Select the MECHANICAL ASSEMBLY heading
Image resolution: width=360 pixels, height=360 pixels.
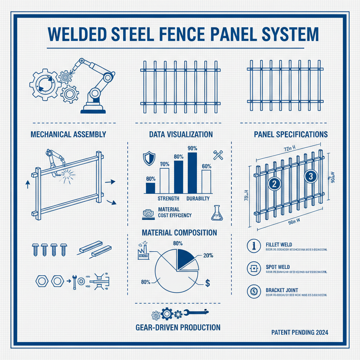[x=69, y=134]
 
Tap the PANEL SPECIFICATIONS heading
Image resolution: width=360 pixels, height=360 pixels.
[x=291, y=134]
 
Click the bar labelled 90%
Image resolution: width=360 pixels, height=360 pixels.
[x=192, y=173]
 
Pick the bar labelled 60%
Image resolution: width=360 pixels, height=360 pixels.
[x=206, y=181]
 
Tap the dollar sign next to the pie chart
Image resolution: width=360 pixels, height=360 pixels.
[x=207, y=283]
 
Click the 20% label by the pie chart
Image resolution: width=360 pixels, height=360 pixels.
[x=208, y=256]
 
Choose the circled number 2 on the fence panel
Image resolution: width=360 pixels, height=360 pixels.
[x=274, y=184]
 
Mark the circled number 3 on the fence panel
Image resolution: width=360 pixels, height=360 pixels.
[x=310, y=177]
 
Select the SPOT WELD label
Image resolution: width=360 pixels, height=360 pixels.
[x=276, y=267]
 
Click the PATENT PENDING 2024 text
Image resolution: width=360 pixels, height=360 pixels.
[x=300, y=332]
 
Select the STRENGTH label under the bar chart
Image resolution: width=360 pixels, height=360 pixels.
[x=168, y=199]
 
